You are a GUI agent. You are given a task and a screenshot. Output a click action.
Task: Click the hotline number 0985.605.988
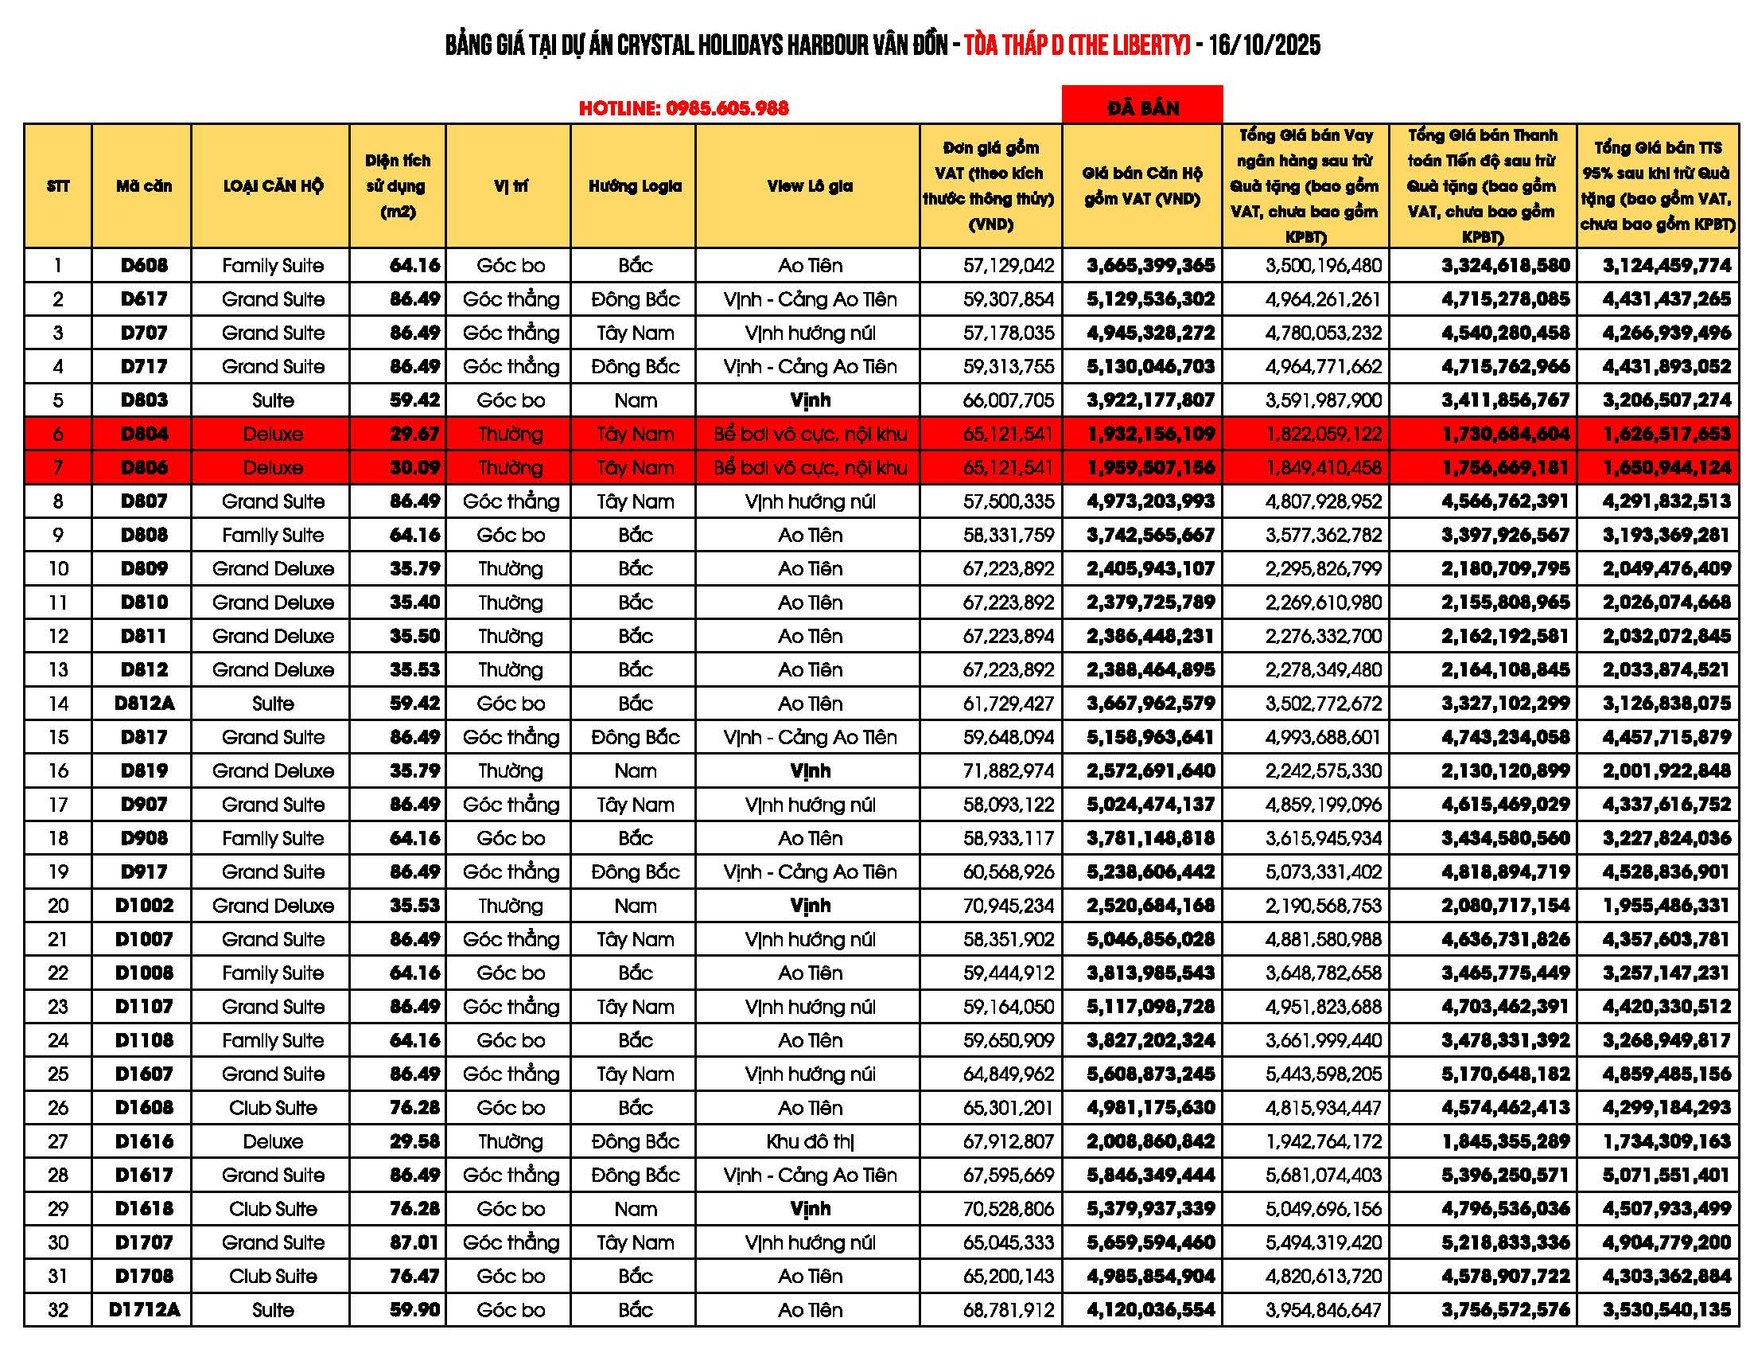727,108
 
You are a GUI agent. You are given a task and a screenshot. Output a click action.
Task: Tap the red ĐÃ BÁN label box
1141,107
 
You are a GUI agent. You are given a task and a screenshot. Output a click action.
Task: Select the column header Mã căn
143,186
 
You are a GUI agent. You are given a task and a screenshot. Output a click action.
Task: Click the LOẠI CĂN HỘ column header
272,186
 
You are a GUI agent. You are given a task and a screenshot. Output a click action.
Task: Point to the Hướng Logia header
635,186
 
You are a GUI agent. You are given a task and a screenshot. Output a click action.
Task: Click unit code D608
144,265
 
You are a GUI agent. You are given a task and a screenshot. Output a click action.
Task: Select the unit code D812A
144,703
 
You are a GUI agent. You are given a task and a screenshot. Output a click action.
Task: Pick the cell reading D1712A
144,1310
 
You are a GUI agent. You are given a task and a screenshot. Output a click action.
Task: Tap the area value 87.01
414,1242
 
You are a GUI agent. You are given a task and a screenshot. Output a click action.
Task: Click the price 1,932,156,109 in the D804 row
1151,434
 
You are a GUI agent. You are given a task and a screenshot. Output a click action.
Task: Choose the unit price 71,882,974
1008,770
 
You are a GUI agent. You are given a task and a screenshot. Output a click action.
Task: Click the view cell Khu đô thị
809,1141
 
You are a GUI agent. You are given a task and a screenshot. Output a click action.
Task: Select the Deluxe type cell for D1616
272,1141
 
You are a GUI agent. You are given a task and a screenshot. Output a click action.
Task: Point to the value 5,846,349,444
1151,1175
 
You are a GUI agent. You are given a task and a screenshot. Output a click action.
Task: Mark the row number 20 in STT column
58,906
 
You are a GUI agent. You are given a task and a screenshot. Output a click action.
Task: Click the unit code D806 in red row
144,467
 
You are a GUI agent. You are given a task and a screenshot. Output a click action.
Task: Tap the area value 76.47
414,1276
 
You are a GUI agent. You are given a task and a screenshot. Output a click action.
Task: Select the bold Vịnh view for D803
809,400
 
